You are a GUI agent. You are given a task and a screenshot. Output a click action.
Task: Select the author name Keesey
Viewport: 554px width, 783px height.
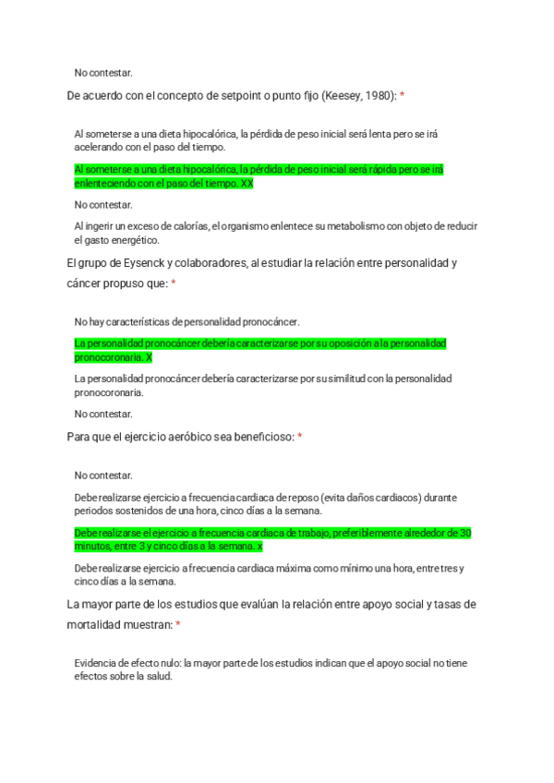tap(343, 95)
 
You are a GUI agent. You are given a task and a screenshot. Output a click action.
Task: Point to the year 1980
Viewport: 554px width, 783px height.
tap(378, 95)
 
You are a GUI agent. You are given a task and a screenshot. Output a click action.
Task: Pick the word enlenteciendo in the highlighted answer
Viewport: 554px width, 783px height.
tap(104, 183)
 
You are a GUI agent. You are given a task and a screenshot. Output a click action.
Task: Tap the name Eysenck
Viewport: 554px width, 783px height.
tap(138, 263)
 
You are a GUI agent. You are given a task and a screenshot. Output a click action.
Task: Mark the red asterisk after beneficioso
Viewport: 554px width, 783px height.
tap(300, 437)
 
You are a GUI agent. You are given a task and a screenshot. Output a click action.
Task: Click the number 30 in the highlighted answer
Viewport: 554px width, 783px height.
tap(466, 533)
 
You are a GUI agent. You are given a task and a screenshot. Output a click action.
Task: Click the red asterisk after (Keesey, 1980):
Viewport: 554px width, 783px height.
tap(402, 95)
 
